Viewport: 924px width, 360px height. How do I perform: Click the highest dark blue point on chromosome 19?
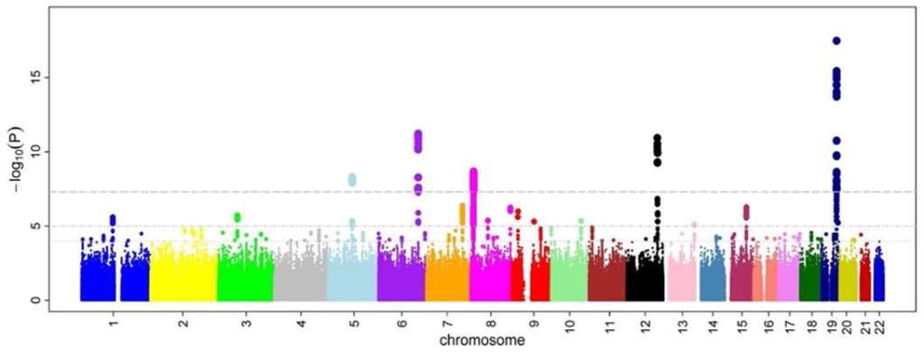pos(836,41)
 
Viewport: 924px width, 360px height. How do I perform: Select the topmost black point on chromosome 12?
pos(657,138)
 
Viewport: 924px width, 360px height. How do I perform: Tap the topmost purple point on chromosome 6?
pos(418,134)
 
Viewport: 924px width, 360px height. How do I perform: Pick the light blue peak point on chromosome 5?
pos(352,178)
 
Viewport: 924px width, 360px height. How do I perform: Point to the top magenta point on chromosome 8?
pos(473,171)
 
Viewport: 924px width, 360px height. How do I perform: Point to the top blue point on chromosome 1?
pos(113,217)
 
